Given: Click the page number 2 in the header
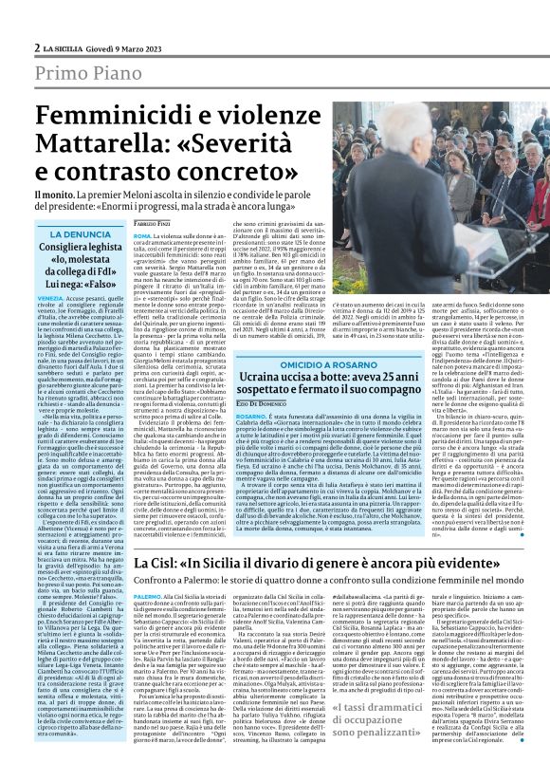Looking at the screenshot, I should pos(37,47).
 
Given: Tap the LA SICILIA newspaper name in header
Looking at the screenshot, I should pos(65,47).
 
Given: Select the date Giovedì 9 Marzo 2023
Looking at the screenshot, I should pos(123,47).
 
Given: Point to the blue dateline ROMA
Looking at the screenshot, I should pos(142,233).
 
